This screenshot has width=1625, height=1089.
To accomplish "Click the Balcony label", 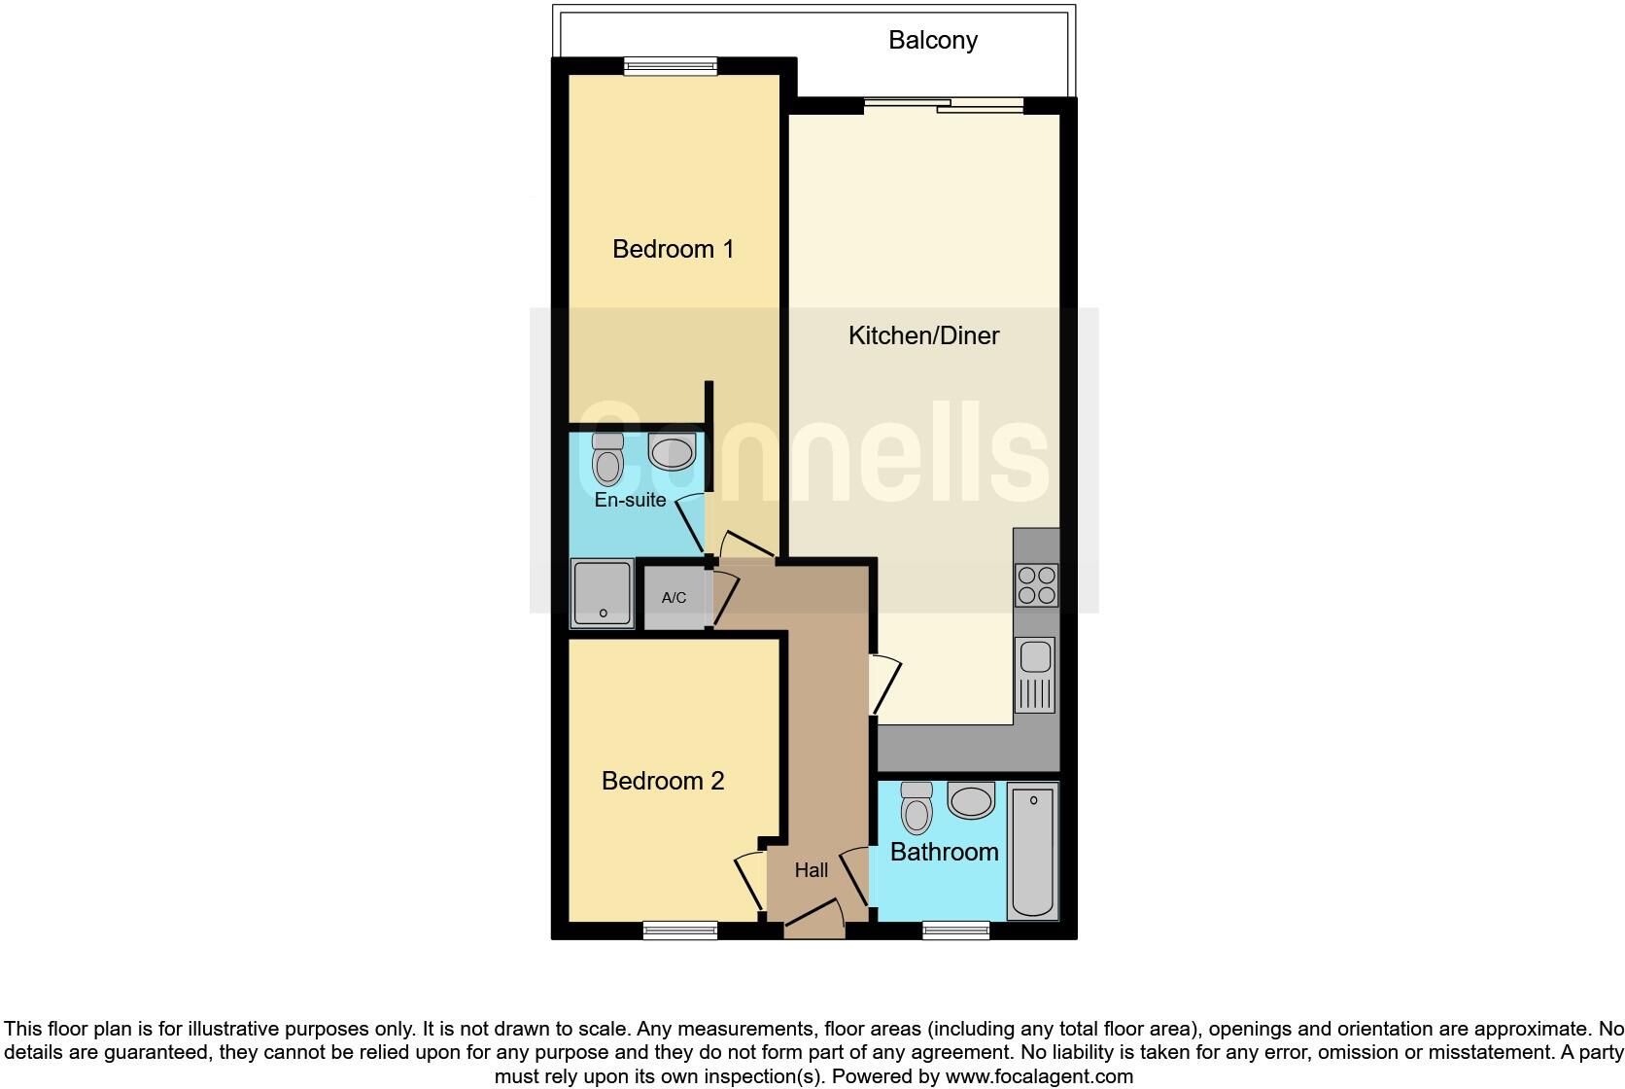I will [x=932, y=41].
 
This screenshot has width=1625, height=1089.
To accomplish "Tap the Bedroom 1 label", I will [x=673, y=249].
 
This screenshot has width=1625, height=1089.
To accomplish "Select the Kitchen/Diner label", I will [x=923, y=335].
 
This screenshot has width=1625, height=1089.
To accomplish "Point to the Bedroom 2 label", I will [x=663, y=781].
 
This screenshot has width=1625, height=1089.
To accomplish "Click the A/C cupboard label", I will [x=674, y=598].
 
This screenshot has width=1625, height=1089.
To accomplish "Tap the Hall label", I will [x=812, y=870].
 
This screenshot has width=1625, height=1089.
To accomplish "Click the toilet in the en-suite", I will [x=607, y=460].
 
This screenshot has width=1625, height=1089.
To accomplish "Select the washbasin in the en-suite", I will [x=673, y=452].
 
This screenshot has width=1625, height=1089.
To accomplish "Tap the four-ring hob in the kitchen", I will [x=1036, y=584].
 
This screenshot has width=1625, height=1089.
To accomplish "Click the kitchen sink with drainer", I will [x=1036, y=674].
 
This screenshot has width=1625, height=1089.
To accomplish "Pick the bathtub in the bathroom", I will [x=1032, y=851].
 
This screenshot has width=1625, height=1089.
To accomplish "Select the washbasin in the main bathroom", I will [x=971, y=801].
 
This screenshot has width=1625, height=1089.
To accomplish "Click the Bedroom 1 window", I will [x=671, y=66].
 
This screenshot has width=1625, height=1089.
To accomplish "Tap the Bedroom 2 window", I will [x=680, y=931].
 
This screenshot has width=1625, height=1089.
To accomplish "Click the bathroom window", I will [x=955, y=931].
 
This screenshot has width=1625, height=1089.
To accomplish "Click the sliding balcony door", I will [x=944, y=105].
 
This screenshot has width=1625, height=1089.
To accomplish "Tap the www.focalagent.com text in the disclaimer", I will [x=1039, y=1076].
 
